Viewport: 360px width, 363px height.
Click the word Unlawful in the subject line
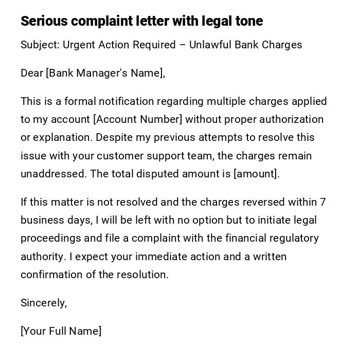[210, 45]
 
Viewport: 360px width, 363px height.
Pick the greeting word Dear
[32, 73]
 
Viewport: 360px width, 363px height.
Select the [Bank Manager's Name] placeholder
[105, 73]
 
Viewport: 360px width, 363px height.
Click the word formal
[80, 101]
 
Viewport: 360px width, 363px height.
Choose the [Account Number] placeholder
[138, 119]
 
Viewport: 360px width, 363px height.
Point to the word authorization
[291, 119]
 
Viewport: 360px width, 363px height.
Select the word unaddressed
[53, 174]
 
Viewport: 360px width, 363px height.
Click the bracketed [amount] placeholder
[256, 174]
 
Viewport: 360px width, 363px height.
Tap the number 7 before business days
[322, 202]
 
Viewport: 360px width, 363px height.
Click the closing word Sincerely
[44, 303]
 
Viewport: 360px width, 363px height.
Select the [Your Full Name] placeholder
[61, 331]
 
